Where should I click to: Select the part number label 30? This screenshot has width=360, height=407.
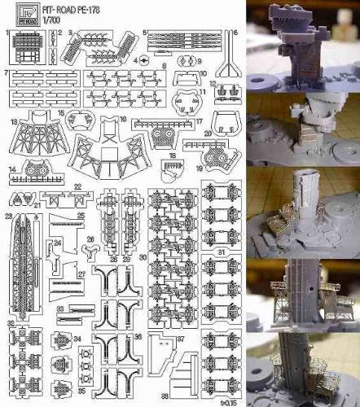[x=143, y=257]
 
